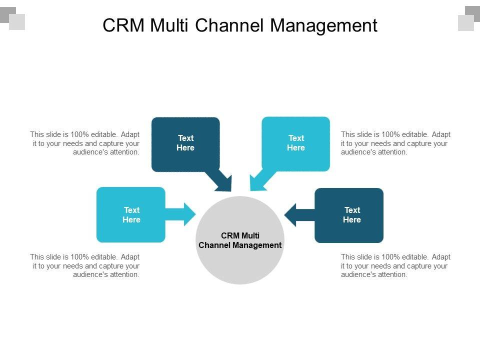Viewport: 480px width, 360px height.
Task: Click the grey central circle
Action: pyautogui.click(x=240, y=265)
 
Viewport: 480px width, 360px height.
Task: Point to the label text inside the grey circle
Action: pyautogui.click(x=240, y=240)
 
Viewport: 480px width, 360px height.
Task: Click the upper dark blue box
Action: pyautogui.click(x=185, y=144)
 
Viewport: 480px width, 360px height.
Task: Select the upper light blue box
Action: pyautogui.click(x=296, y=144)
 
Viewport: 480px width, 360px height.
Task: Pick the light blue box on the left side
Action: pyautogui.click(x=130, y=214)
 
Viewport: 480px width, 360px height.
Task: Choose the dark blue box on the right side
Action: pyautogui.click(x=349, y=215)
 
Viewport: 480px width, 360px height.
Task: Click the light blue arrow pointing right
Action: pyautogui.click(x=182, y=214)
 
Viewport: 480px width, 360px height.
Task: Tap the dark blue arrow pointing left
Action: pyautogui.click(x=297, y=215)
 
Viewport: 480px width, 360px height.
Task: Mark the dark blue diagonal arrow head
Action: pyautogui.click(x=223, y=183)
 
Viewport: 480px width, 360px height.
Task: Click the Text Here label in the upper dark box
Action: pyautogui.click(x=185, y=143)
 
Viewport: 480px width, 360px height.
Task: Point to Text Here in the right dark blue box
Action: pyautogui.click(x=352, y=215)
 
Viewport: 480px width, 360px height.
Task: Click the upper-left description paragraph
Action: pyautogui.click(x=85, y=143)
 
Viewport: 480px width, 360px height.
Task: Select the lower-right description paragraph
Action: pyautogui.click(x=395, y=265)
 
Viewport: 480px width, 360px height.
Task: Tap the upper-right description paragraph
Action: pyautogui.click(x=395, y=143)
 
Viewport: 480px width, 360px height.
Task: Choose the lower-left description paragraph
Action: pyautogui.click(x=85, y=265)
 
